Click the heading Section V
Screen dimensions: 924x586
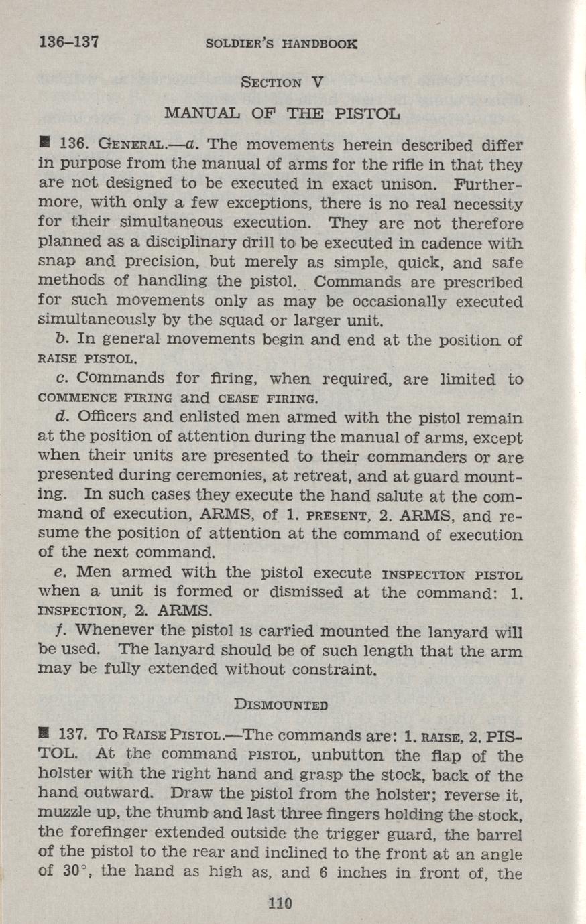coord(282,83)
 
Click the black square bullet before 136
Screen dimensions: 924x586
coord(45,143)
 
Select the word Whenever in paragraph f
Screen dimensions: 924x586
coord(117,631)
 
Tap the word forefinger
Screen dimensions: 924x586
coord(110,833)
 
